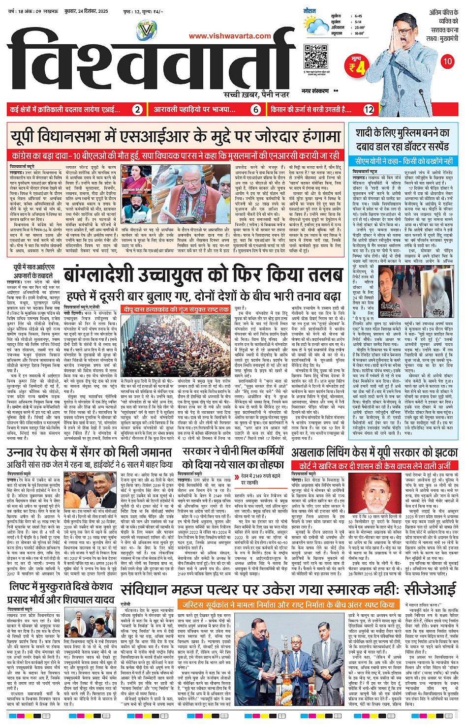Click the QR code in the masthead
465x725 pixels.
pos(315,57)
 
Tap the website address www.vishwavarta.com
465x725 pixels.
pos(230,36)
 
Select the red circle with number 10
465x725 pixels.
pos(447,61)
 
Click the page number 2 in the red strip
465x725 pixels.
pos(138,110)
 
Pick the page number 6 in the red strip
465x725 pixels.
pos(256,110)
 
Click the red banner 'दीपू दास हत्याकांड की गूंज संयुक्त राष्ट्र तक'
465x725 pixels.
pos(176,309)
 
